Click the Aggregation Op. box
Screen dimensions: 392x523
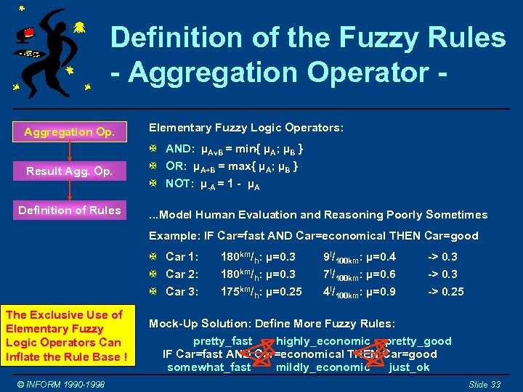coord(69,132)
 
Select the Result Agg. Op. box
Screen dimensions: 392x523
coord(69,171)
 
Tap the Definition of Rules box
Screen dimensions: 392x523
coord(69,211)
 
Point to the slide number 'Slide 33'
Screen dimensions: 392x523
coord(485,384)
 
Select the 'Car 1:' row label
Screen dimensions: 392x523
coord(182,257)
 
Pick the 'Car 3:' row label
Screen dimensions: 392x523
coord(182,292)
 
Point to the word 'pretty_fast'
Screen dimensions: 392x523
coord(222,341)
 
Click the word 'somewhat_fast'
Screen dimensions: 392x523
coord(209,367)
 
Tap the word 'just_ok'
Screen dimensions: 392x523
coord(409,367)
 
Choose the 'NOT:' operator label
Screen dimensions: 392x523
coord(179,184)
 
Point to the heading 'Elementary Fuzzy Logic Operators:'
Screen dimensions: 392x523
coord(246,128)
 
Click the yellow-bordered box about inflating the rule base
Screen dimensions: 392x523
coord(66,336)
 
